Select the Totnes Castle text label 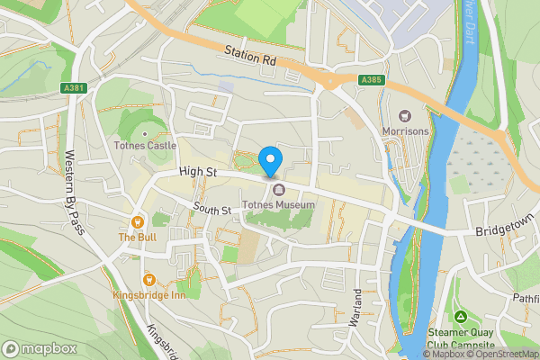145,145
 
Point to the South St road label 213,210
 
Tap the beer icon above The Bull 138,221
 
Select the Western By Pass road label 74,193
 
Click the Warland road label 357,307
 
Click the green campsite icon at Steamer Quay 460,317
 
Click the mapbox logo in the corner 40,348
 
